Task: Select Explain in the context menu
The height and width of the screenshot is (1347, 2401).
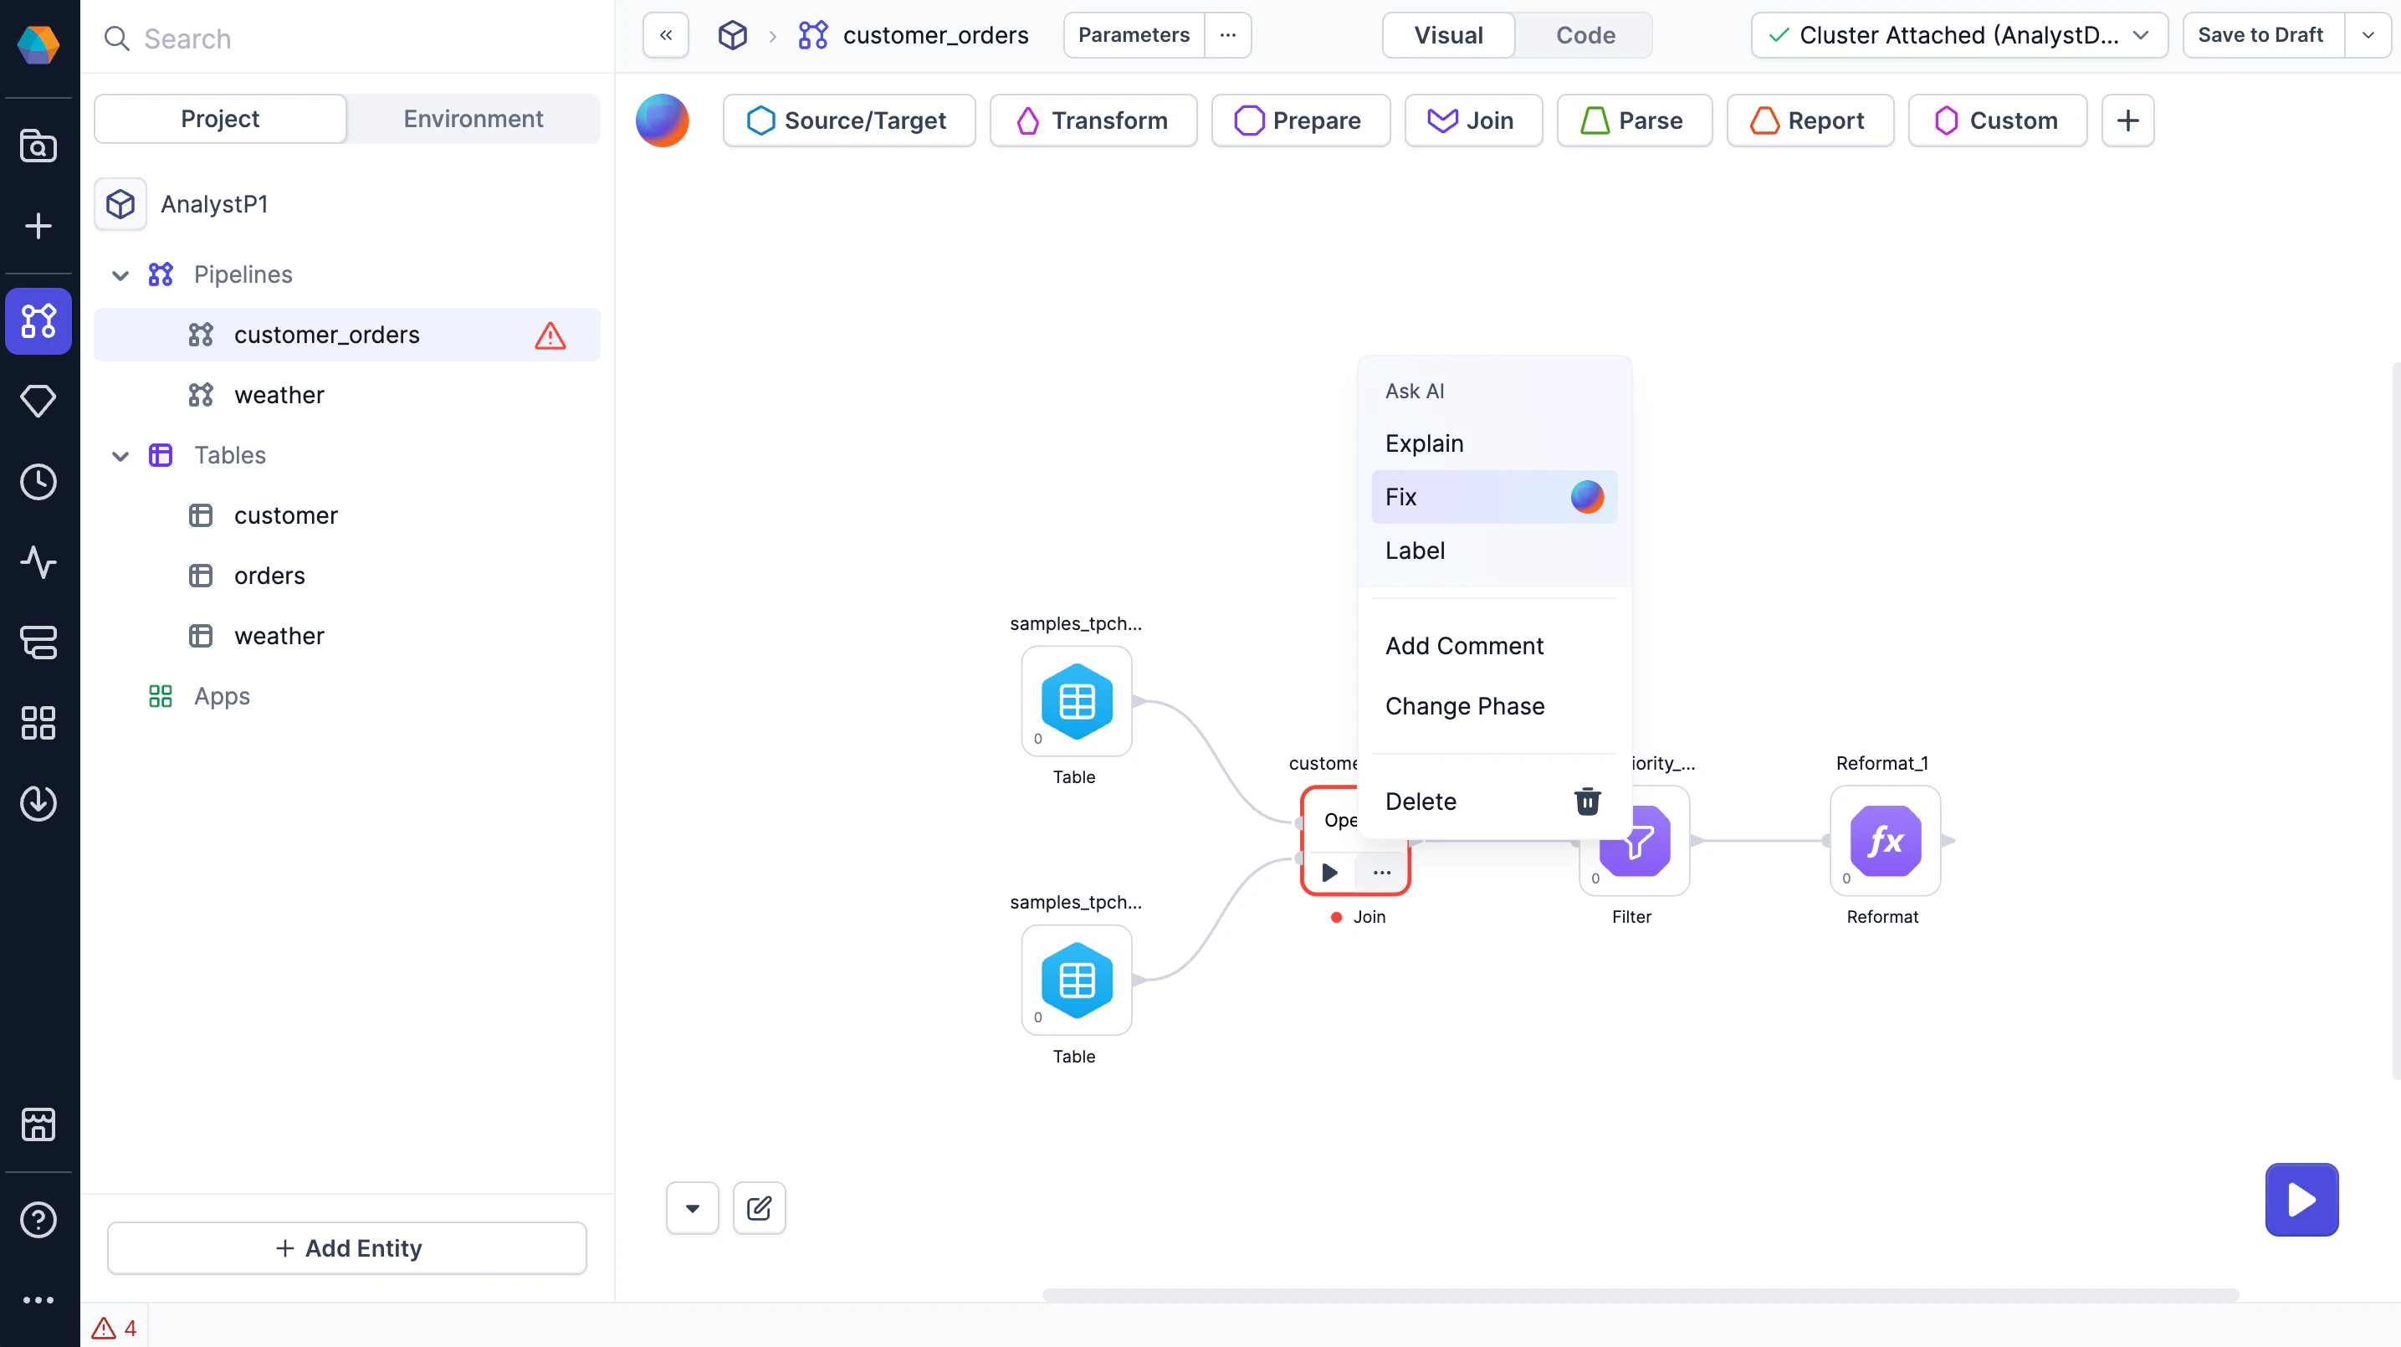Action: click(x=1424, y=443)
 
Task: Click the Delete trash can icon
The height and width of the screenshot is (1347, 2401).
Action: click(x=1586, y=802)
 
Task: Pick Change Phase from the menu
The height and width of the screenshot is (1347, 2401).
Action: click(x=1464, y=707)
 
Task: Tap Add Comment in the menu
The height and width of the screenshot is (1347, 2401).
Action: click(x=1463, y=646)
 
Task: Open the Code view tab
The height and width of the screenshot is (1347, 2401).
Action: click(x=1584, y=35)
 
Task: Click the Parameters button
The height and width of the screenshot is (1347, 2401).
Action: click(x=1134, y=35)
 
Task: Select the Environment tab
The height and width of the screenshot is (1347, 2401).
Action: click(x=473, y=120)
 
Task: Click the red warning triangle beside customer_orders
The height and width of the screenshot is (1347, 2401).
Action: click(x=550, y=335)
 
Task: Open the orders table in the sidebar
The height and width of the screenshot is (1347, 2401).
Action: click(x=269, y=576)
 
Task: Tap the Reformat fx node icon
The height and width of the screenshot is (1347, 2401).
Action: click(x=1885, y=841)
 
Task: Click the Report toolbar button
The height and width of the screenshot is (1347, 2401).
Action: click(x=1810, y=121)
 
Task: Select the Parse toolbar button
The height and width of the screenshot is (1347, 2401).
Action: click(x=1634, y=121)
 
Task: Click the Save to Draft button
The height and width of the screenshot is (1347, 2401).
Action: click(x=2260, y=35)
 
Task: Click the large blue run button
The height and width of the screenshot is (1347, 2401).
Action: click(x=2301, y=1200)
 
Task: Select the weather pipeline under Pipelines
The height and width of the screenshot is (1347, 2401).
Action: click(x=279, y=395)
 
